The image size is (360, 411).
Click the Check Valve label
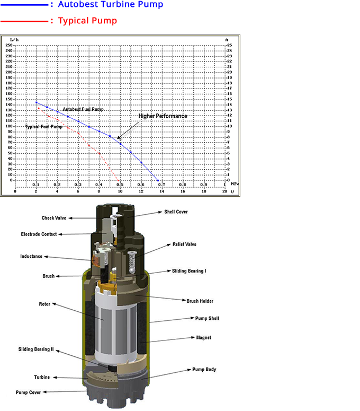(54, 218)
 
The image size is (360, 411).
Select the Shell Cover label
(176, 212)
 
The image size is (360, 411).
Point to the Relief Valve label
(184, 244)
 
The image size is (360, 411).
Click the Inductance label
(31, 256)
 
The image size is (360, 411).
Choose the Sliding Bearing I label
(189, 271)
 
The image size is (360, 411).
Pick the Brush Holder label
(200, 301)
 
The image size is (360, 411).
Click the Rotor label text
(44, 304)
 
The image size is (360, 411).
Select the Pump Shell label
(207, 319)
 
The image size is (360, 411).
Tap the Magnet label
(204, 337)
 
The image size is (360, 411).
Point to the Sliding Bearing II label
(36, 349)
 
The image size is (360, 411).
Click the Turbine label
(42, 377)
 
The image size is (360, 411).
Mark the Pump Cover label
(28, 392)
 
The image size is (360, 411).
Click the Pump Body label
(204, 369)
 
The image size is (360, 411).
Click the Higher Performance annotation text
(163, 116)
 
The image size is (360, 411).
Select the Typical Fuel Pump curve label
(43, 127)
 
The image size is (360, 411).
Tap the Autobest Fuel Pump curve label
(83, 109)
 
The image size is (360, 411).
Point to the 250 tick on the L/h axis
(8, 45)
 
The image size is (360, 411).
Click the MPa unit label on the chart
(235, 185)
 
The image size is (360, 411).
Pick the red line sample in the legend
(24, 22)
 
